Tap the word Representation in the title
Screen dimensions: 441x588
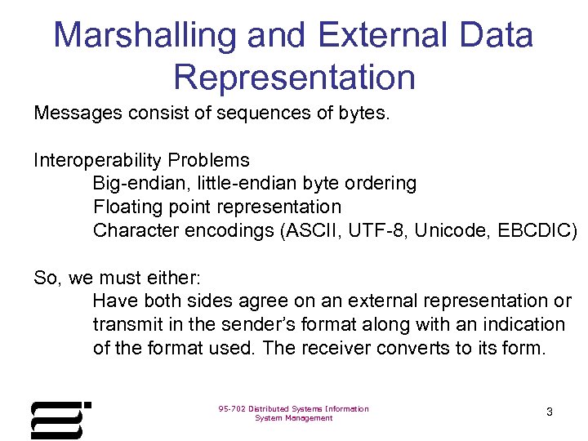click(294, 77)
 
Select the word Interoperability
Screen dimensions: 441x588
click(97, 160)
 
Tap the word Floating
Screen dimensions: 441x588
click(127, 207)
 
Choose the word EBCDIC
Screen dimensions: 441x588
click(530, 231)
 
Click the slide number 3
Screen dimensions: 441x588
click(549, 412)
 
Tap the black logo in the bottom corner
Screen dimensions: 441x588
click(60, 420)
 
